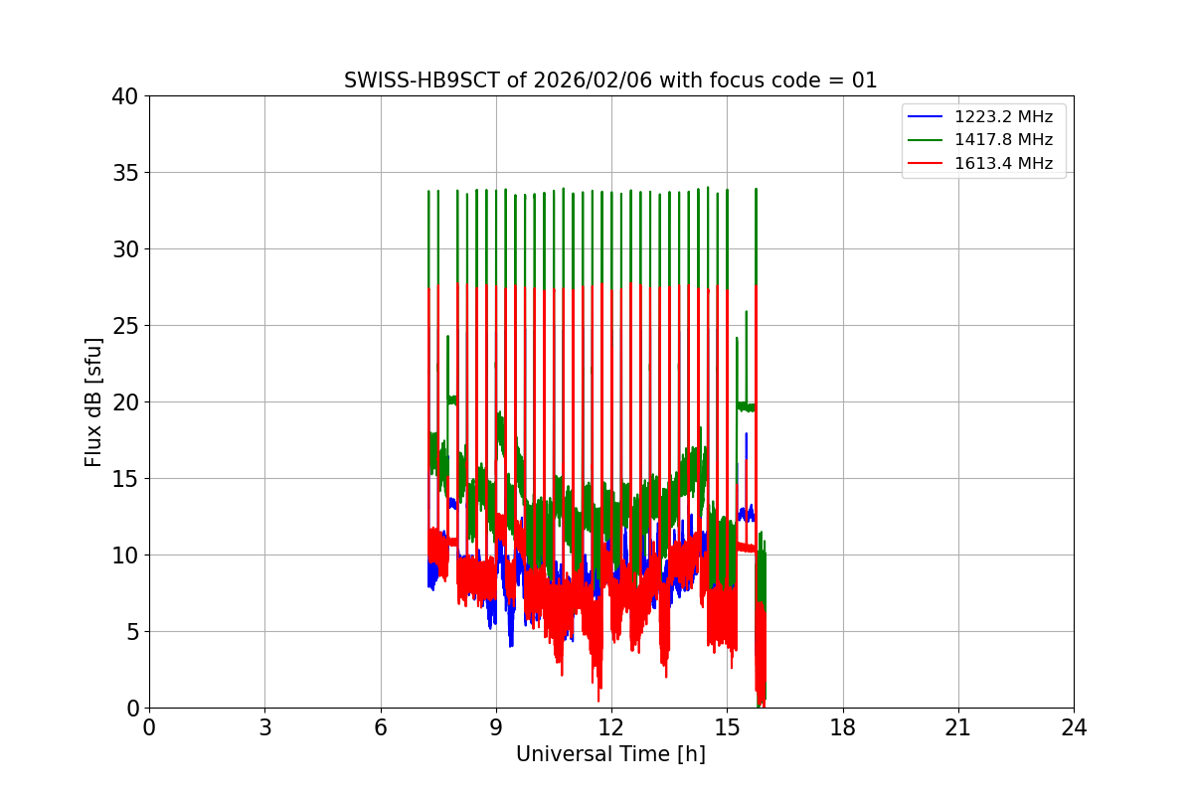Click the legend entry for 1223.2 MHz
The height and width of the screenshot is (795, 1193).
coord(1003,117)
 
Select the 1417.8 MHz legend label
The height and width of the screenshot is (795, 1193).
coord(1003,140)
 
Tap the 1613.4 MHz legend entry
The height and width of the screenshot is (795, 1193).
coord(1003,163)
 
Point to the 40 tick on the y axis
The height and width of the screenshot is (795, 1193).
coord(125,96)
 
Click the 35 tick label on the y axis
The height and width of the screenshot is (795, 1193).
coord(125,173)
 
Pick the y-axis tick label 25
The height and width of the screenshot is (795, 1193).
coord(125,326)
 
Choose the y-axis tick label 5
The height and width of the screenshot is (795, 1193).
coord(131,632)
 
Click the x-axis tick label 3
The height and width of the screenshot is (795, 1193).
coord(264,727)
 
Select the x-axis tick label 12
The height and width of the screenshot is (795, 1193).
coord(611,727)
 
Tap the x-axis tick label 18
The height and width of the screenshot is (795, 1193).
coord(843,727)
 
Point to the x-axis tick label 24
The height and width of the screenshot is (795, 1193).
coord(1074,727)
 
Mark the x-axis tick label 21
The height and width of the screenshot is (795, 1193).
coord(958,727)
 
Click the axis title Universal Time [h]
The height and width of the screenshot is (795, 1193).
coord(610,754)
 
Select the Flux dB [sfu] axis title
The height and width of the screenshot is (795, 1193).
coord(94,401)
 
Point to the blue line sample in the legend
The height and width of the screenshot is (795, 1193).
coord(926,117)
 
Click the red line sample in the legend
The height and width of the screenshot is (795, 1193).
coord(926,163)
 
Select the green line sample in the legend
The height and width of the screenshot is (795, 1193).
coord(926,140)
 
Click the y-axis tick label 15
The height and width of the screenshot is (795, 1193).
coord(125,479)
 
